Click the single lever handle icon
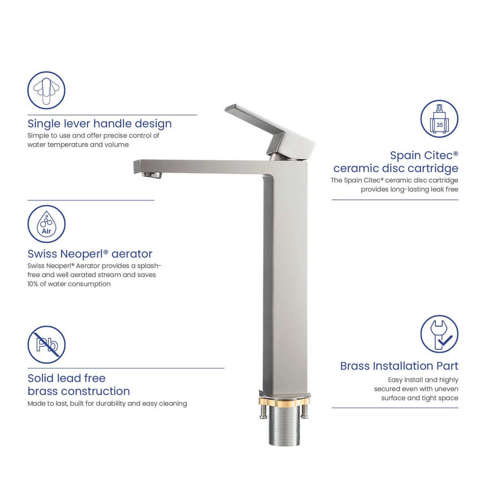46,90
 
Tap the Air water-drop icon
46,224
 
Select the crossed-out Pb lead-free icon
46,344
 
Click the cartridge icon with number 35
439,119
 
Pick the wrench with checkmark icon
439,334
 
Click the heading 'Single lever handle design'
100,124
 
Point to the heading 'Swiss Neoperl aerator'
90,254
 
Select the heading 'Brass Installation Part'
399,366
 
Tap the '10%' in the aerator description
33,284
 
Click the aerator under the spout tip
152,175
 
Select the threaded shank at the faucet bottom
285,427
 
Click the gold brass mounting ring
284,401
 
